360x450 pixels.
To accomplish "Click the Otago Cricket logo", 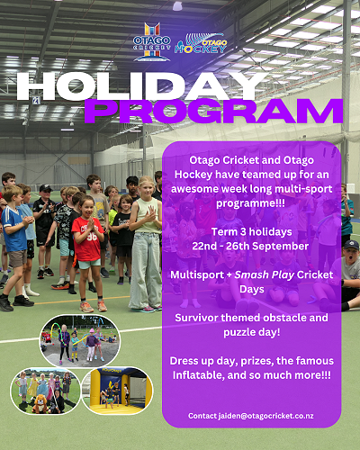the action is pos(152,42).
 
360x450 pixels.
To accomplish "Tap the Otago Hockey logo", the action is pos(201,44).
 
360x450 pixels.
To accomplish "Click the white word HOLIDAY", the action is pos(140,86).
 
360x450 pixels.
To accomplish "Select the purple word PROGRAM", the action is pos(213,112).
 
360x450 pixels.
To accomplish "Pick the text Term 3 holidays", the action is pos(251,232).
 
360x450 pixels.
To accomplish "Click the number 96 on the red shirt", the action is pos(92,237).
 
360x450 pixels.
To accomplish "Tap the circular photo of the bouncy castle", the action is pos(117,391).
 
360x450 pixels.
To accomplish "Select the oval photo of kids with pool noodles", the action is pos(80,341).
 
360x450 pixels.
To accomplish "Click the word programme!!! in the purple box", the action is pos(250,203).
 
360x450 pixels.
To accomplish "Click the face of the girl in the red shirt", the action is pos(86,206).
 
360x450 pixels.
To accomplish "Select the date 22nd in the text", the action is pos(204,247).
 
